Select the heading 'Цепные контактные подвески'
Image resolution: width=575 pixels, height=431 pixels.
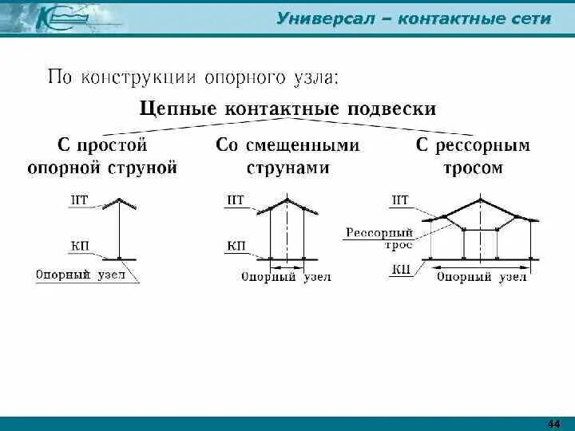coord(288,109)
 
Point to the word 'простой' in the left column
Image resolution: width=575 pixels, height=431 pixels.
coord(113,145)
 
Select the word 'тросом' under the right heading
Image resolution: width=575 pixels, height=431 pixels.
coord(472,168)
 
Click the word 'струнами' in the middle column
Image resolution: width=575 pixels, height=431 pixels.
coord(287,168)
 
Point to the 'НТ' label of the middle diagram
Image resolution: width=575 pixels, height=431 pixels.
coord(236,201)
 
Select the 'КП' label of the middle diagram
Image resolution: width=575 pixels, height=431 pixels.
coord(236,245)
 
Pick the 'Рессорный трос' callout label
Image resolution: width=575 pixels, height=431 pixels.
coord(379,238)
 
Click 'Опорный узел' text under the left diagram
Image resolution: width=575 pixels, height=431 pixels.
coord(80,273)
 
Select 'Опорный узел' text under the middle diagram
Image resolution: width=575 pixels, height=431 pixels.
coord(285,277)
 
